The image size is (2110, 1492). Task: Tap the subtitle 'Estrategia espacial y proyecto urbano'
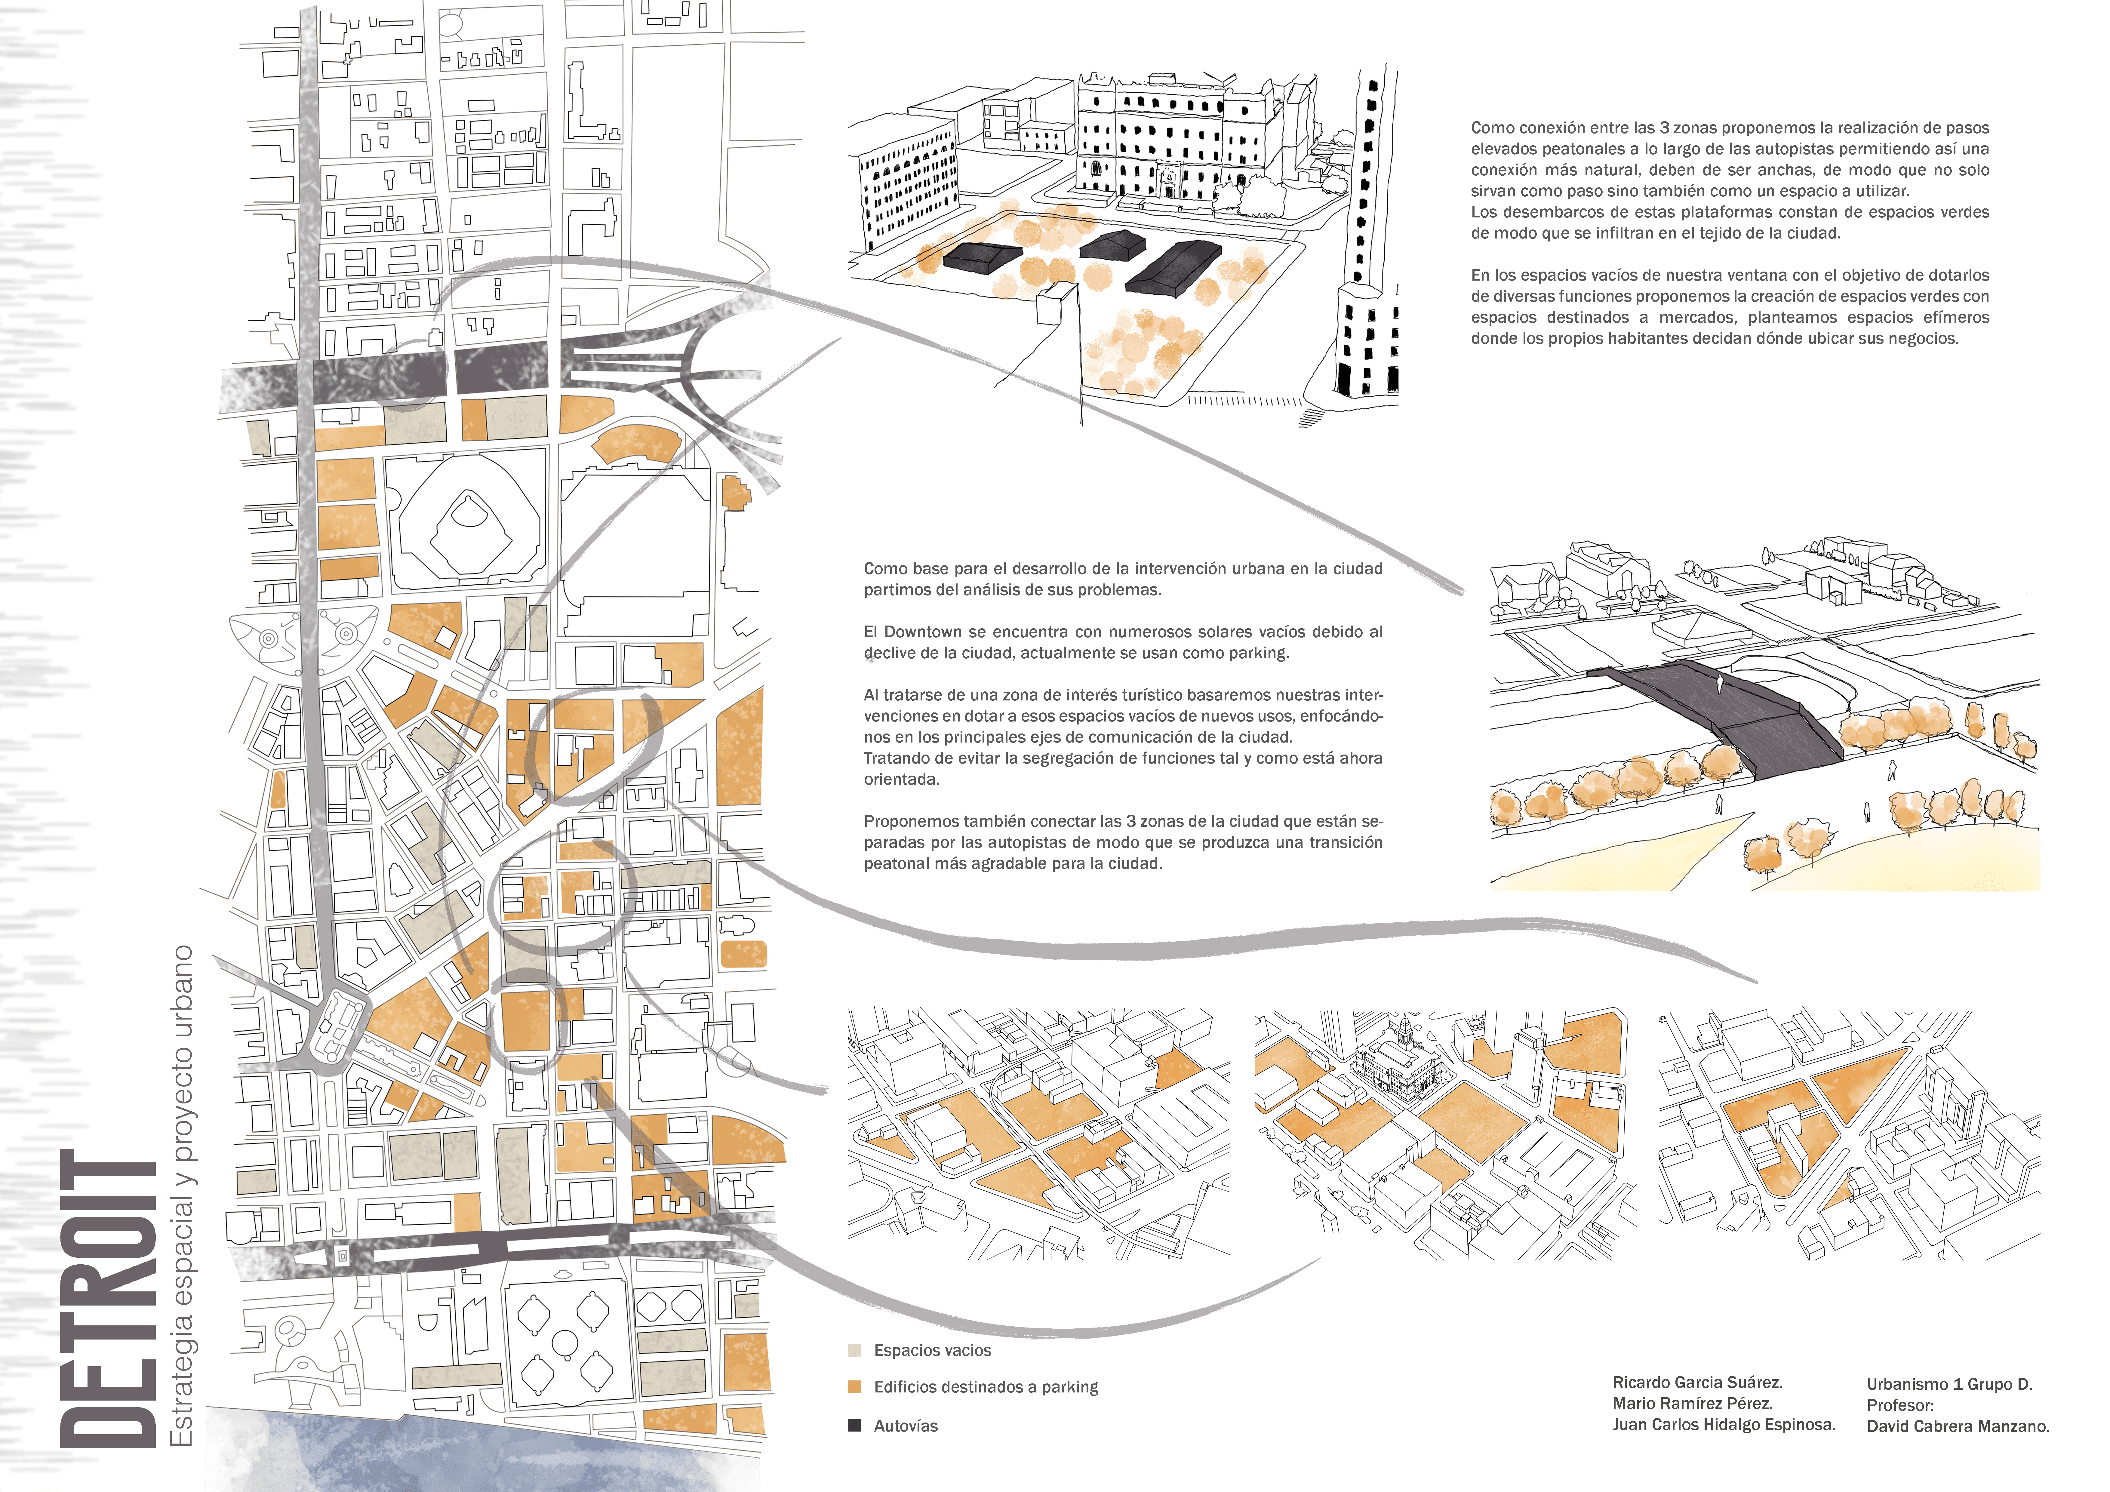point(182,1195)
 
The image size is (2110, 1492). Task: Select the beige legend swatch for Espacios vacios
point(855,1350)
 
